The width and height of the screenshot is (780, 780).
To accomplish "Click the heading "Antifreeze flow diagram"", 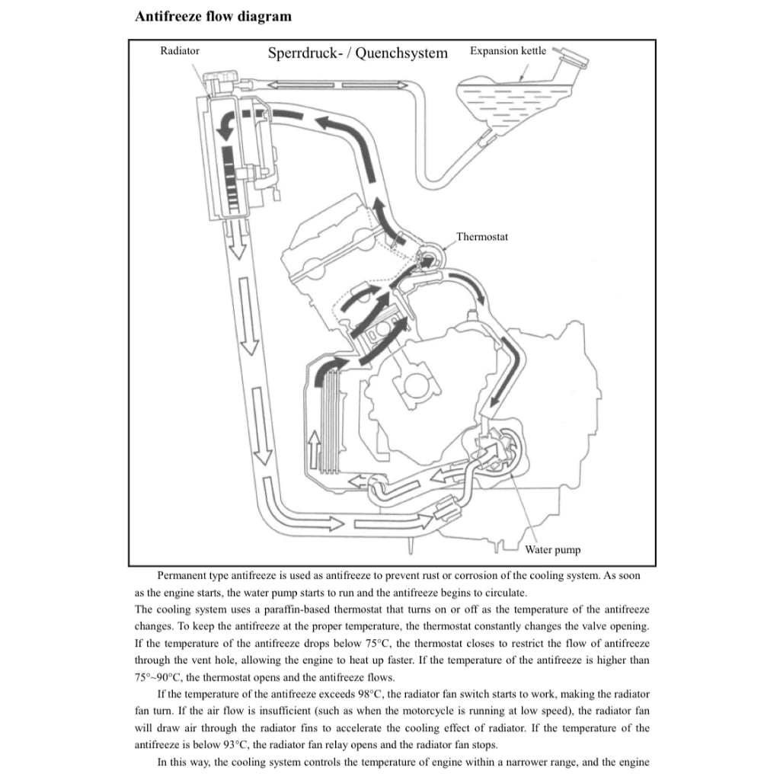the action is click(x=213, y=17).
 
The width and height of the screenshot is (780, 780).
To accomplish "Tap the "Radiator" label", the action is click(x=180, y=51).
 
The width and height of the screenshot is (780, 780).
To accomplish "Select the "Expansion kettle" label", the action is click(x=508, y=51).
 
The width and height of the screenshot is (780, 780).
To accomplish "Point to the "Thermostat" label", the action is click(x=482, y=237).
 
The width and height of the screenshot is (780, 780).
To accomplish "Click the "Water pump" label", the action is click(x=553, y=550).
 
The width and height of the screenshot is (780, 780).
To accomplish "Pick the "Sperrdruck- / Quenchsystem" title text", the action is click(x=358, y=53).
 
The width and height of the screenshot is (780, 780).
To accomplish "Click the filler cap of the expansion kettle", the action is click(x=572, y=56).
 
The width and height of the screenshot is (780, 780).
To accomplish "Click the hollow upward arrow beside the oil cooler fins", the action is click(x=314, y=449).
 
